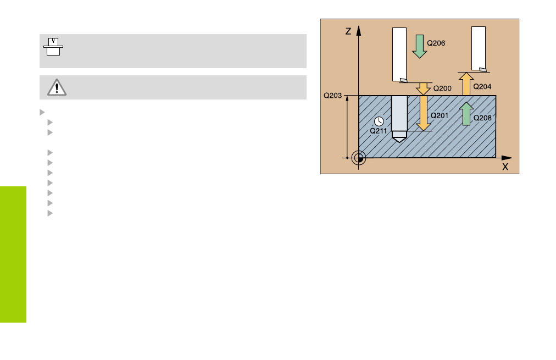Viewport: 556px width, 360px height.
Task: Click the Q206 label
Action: pos(436,43)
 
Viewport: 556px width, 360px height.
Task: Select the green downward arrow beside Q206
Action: pos(420,47)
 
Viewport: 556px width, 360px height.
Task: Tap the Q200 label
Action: pos(442,88)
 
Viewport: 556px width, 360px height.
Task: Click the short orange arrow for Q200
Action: pos(423,88)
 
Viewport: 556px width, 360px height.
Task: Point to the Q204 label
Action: pos(482,86)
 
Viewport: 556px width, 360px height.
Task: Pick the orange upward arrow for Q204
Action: pos(466,84)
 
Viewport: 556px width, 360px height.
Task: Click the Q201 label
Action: pos(440,115)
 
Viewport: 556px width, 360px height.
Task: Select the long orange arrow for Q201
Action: pos(424,113)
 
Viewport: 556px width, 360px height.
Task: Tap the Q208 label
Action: pos(482,118)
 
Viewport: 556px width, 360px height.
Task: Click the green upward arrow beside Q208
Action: pos(466,114)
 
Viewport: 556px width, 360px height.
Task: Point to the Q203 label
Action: pos(332,96)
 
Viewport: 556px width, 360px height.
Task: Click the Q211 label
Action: pos(379,131)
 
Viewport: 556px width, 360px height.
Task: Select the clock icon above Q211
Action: pos(379,121)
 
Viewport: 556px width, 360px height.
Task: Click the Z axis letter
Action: pos(348,31)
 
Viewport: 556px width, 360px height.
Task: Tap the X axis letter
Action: pos(505,167)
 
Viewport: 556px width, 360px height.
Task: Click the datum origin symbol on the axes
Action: pos(359,158)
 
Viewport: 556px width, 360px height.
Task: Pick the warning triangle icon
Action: pos(57,87)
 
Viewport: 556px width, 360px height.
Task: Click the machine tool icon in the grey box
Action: pos(53,47)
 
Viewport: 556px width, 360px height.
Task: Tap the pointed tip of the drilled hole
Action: pos(399,142)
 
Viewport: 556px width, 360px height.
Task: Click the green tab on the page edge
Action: pos(13,254)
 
